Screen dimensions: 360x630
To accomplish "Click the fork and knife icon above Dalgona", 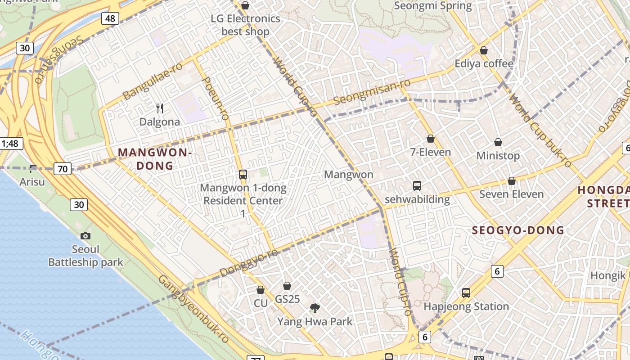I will click(160, 108).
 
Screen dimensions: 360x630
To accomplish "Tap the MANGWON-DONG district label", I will click(155, 159).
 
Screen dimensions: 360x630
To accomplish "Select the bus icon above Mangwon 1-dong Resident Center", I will click(243, 175).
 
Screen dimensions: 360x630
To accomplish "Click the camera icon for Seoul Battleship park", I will click(85, 236).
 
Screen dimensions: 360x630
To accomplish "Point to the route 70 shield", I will click(63, 169).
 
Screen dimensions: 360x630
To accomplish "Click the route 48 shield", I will click(110, 18).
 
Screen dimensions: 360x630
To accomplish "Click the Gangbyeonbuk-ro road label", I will click(193, 309).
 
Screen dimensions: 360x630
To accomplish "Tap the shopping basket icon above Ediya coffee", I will click(484, 50).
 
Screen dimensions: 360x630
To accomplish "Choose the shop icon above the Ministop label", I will click(498, 143).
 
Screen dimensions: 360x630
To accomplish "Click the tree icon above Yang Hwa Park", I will click(315, 308).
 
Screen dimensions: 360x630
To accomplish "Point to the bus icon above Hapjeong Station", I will click(466, 293).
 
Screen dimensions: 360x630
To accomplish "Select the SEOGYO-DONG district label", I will click(517, 230).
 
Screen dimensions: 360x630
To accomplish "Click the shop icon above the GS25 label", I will click(287, 286).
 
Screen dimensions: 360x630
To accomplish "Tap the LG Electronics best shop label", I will click(245, 25).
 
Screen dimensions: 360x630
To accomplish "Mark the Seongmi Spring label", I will click(432, 6).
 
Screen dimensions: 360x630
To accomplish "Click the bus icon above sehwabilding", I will click(417, 185).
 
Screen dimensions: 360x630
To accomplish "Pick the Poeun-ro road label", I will click(216, 99).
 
